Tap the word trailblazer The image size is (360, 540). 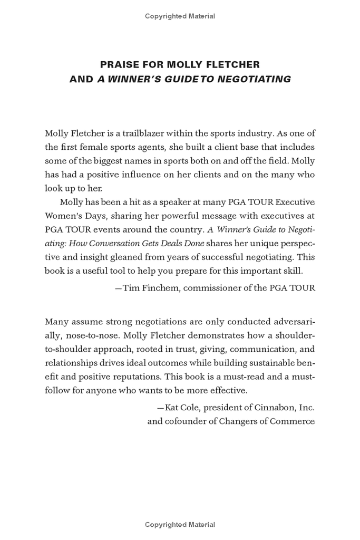coord(142,133)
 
